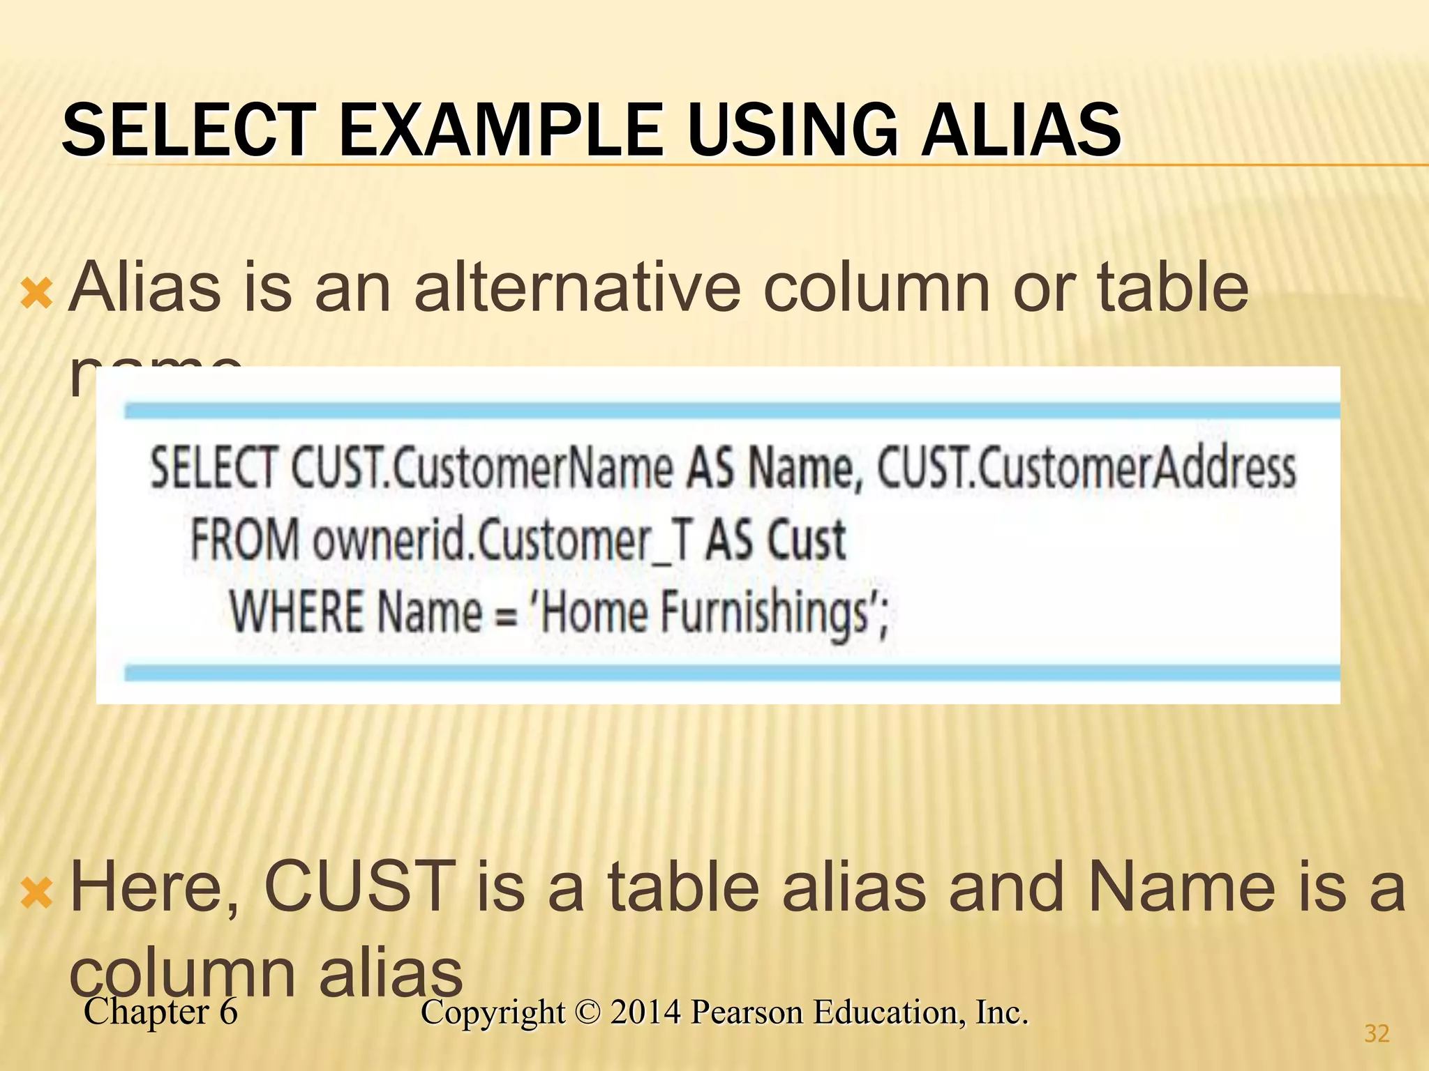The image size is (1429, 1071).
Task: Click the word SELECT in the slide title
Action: coord(188,130)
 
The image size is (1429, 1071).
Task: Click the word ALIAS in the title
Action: coord(1021,130)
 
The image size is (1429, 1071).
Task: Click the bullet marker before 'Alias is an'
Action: coord(36,293)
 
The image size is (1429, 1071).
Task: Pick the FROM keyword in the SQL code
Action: coord(244,540)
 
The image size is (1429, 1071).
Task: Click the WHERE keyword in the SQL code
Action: coord(297,612)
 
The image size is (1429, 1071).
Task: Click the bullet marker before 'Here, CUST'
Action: coord(36,893)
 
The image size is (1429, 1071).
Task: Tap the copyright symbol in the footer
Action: coord(588,1012)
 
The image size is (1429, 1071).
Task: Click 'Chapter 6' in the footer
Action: coord(160,1012)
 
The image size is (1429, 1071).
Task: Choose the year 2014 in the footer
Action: coord(645,1012)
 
